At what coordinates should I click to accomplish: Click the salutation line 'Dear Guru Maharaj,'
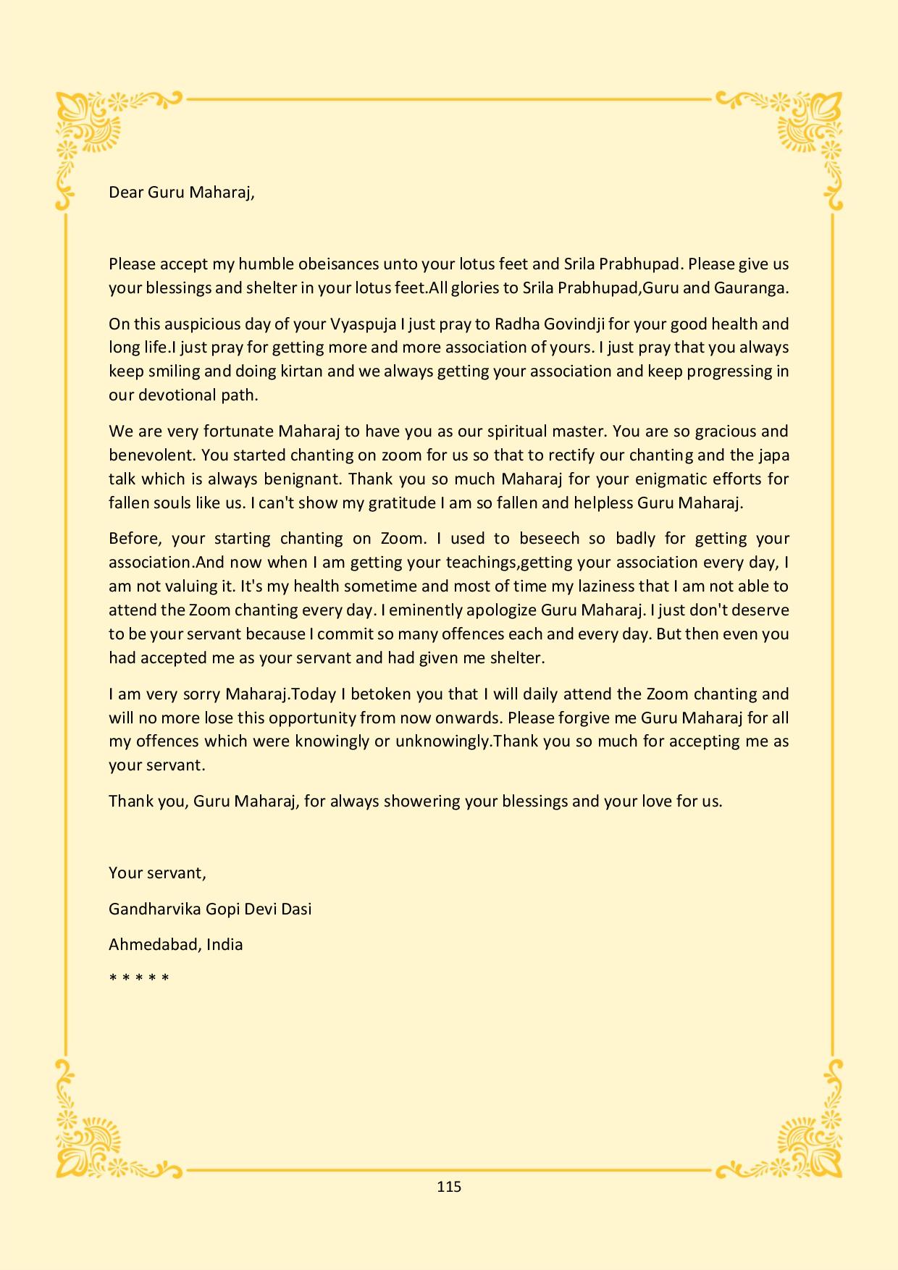pyautogui.click(x=182, y=193)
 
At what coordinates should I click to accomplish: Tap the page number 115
pyautogui.click(x=449, y=1186)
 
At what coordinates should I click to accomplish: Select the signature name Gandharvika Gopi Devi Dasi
pyautogui.click(x=210, y=909)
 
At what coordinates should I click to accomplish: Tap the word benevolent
pyautogui.click(x=151, y=455)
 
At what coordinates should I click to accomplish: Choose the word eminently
pyautogui.click(x=346, y=610)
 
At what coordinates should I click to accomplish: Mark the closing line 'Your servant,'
pyautogui.click(x=157, y=872)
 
